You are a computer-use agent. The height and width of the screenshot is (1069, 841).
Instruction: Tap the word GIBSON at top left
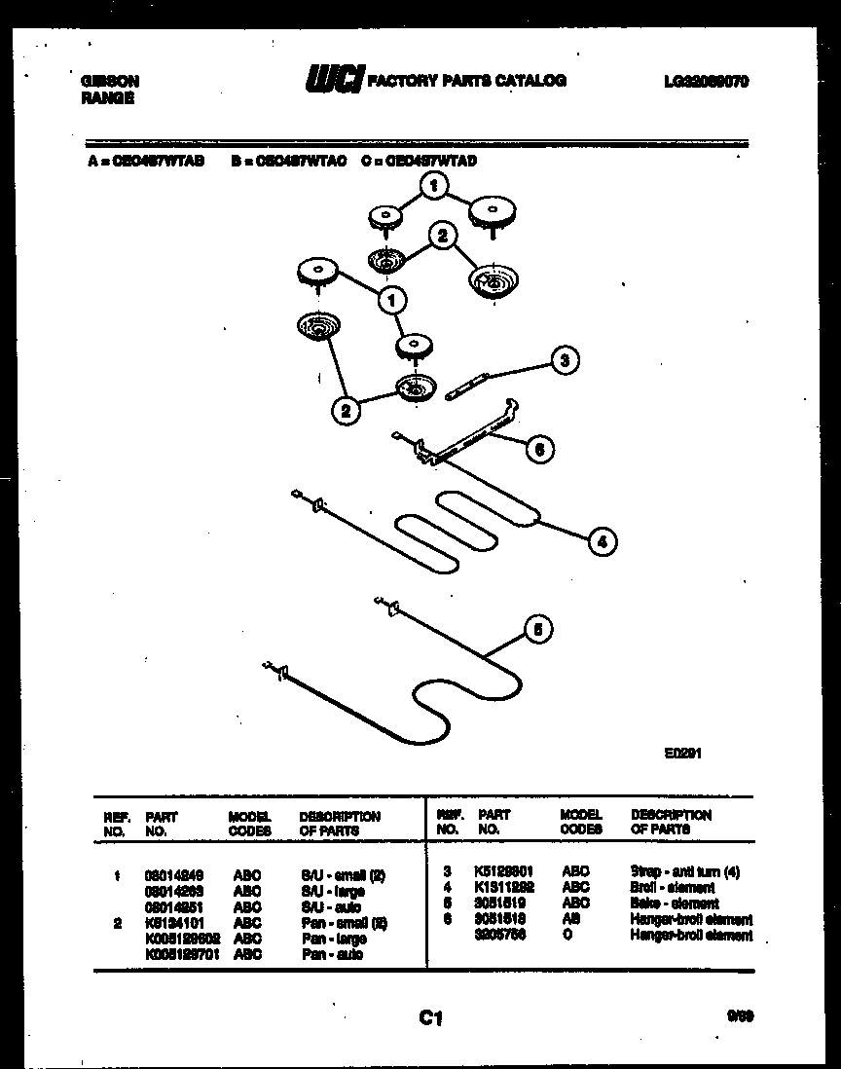tap(109, 82)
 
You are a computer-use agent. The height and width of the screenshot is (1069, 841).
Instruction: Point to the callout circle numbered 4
tap(603, 541)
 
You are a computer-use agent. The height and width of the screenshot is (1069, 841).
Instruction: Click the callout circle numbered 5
tap(535, 630)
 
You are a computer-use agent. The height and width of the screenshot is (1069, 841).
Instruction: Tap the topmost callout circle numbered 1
tap(435, 185)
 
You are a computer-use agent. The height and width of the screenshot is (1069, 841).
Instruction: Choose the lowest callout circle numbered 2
tap(345, 411)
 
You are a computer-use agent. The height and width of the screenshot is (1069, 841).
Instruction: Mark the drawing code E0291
tap(684, 753)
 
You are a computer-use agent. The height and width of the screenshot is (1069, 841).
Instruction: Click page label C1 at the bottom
tap(431, 1018)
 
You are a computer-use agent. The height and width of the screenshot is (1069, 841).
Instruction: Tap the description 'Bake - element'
tap(675, 903)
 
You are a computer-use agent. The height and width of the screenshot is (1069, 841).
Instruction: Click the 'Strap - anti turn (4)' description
tap(684, 872)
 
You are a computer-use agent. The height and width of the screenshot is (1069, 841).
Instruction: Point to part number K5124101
tap(173, 923)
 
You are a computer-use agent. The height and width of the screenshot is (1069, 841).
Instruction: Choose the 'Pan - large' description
tap(333, 940)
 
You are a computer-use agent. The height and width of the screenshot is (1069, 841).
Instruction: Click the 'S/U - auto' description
tap(331, 907)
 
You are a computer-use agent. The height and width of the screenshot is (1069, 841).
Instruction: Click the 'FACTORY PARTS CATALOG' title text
tap(465, 81)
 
